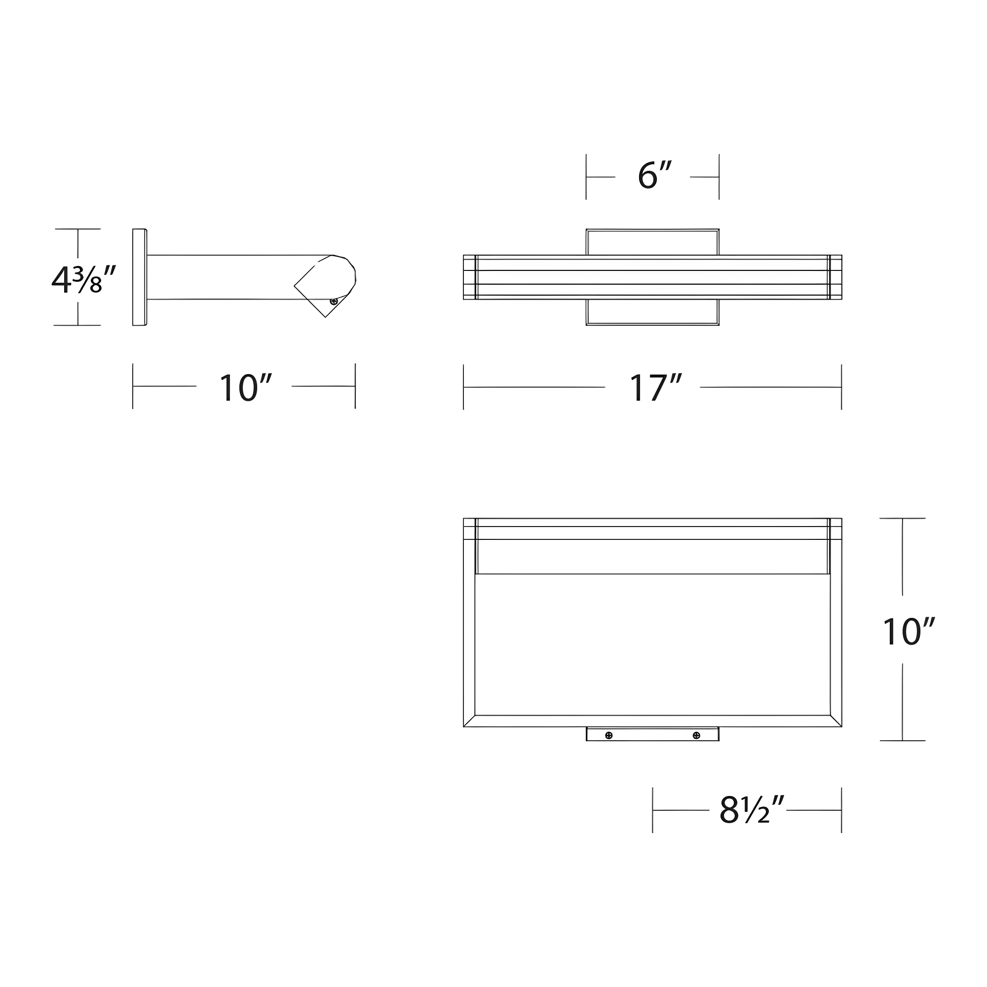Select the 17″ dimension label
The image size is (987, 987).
(x=655, y=388)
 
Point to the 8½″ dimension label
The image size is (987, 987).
(x=752, y=810)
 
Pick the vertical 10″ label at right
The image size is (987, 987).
(x=909, y=632)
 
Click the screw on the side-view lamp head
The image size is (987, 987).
(x=334, y=302)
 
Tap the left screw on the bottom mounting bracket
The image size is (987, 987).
(x=608, y=735)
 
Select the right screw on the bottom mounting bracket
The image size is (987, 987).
(x=696, y=735)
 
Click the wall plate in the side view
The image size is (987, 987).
(x=140, y=277)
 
